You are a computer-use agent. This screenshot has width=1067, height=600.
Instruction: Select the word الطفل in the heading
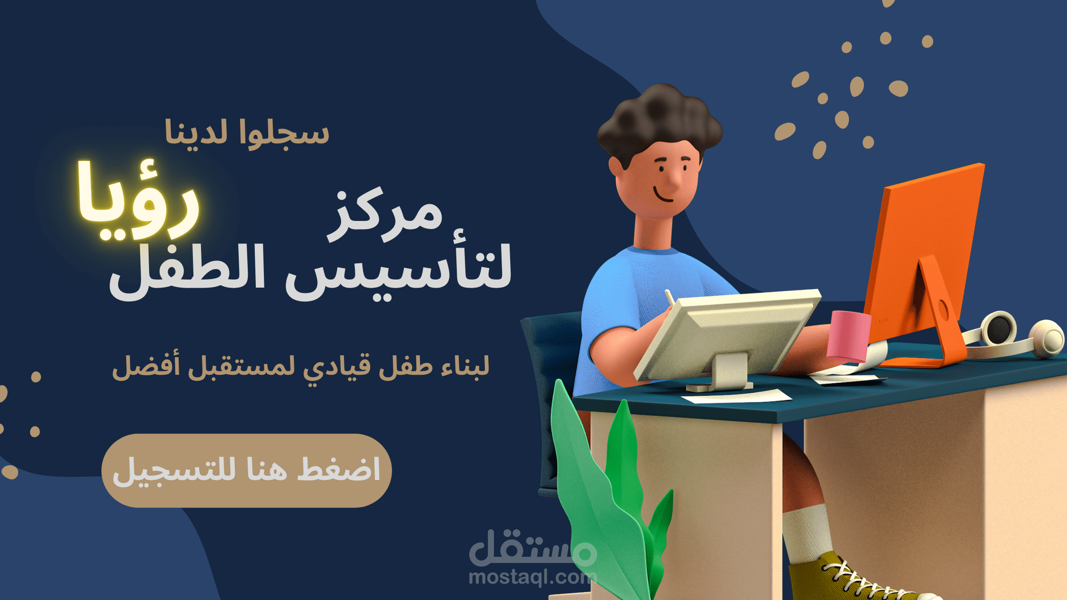coord(187,271)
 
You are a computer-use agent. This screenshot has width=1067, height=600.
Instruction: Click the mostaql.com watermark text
coord(531,578)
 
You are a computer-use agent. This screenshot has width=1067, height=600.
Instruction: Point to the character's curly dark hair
coord(660,119)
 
